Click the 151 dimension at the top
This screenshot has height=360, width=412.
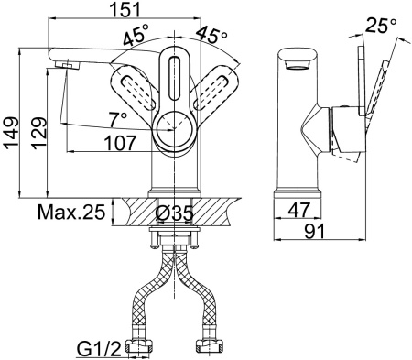[x=125, y=9]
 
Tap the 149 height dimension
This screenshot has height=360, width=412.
[x=11, y=133]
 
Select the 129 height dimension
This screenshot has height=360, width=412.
[x=39, y=133]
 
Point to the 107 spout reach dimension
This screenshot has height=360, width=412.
[x=120, y=143]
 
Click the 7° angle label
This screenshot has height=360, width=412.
[x=118, y=119]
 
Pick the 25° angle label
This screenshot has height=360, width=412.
[x=381, y=26]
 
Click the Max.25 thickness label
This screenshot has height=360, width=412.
[x=71, y=212]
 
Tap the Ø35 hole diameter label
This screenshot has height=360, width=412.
[x=174, y=213]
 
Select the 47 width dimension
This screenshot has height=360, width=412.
[x=299, y=210]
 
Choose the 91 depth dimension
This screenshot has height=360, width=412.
[x=315, y=232]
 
